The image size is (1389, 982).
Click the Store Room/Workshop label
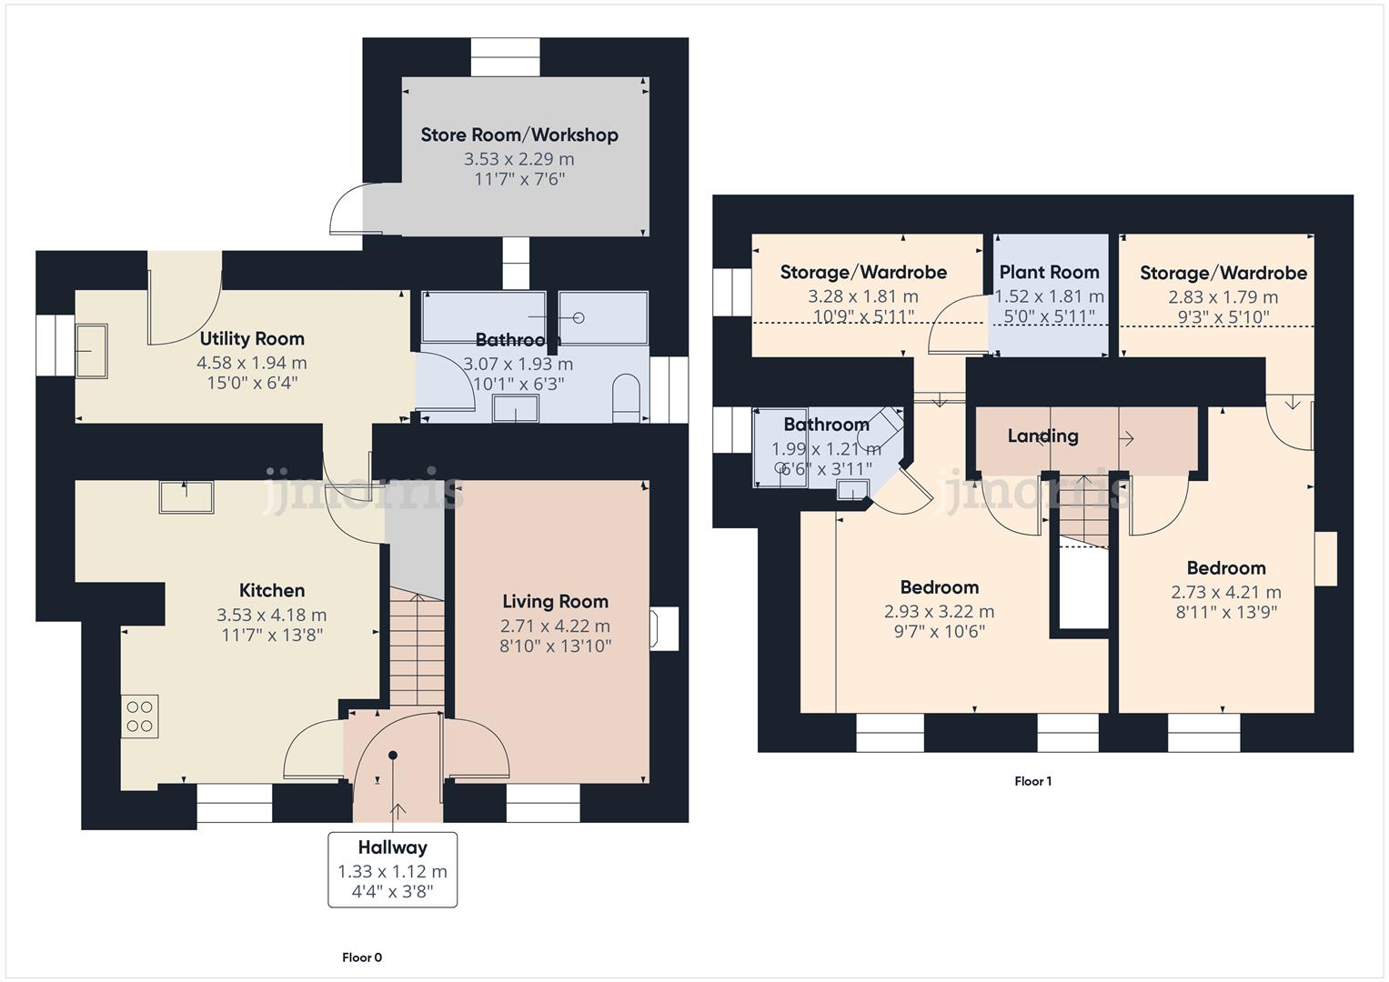(518, 135)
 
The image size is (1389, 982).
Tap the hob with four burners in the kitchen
(139, 716)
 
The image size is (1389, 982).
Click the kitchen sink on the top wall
(186, 496)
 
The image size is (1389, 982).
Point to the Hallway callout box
(392, 869)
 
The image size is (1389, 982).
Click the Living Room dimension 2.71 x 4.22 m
(555, 626)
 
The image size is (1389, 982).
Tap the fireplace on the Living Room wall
(662, 628)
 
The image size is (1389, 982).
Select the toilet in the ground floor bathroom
(626, 400)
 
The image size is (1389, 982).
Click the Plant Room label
(1049, 272)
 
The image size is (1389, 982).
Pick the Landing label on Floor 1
(1042, 436)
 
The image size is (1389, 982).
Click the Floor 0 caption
(362, 957)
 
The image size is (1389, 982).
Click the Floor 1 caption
(1032, 781)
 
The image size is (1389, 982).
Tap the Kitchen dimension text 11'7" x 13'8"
(271, 636)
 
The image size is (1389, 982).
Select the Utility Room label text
(252, 339)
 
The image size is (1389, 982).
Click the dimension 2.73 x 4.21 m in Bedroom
(1225, 592)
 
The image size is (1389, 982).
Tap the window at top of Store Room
(505, 57)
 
